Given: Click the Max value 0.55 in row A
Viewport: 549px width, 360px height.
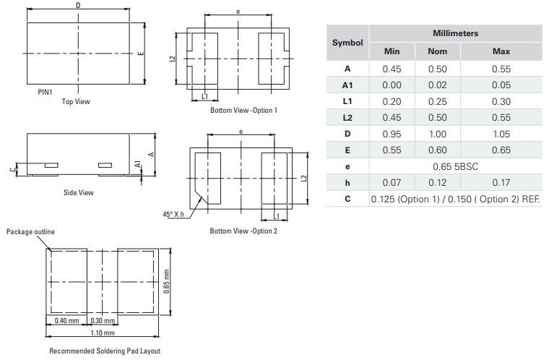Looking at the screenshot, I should (x=501, y=69).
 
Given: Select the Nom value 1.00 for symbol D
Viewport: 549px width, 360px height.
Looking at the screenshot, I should (x=438, y=134).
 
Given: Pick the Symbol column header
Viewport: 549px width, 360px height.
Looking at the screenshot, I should (x=347, y=43).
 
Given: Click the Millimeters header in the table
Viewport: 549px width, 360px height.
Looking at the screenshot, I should (x=455, y=34).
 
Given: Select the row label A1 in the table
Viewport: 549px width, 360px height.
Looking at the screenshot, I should (x=347, y=85).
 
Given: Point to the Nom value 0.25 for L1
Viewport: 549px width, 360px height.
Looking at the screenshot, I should (x=438, y=102).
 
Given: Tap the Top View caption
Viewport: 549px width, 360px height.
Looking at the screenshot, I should (x=76, y=102).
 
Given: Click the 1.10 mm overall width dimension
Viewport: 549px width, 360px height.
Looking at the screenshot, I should (x=103, y=333).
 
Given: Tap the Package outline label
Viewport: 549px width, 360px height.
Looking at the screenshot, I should (x=30, y=231).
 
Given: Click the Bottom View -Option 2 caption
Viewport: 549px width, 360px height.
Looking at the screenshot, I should (x=243, y=231).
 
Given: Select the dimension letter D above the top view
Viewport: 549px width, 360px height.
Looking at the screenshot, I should (x=78, y=6).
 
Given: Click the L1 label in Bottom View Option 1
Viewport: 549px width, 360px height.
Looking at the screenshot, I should (x=205, y=96).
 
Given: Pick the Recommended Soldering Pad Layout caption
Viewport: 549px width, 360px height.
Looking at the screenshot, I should (x=105, y=351).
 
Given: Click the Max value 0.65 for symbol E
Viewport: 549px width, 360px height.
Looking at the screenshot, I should (x=501, y=150).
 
